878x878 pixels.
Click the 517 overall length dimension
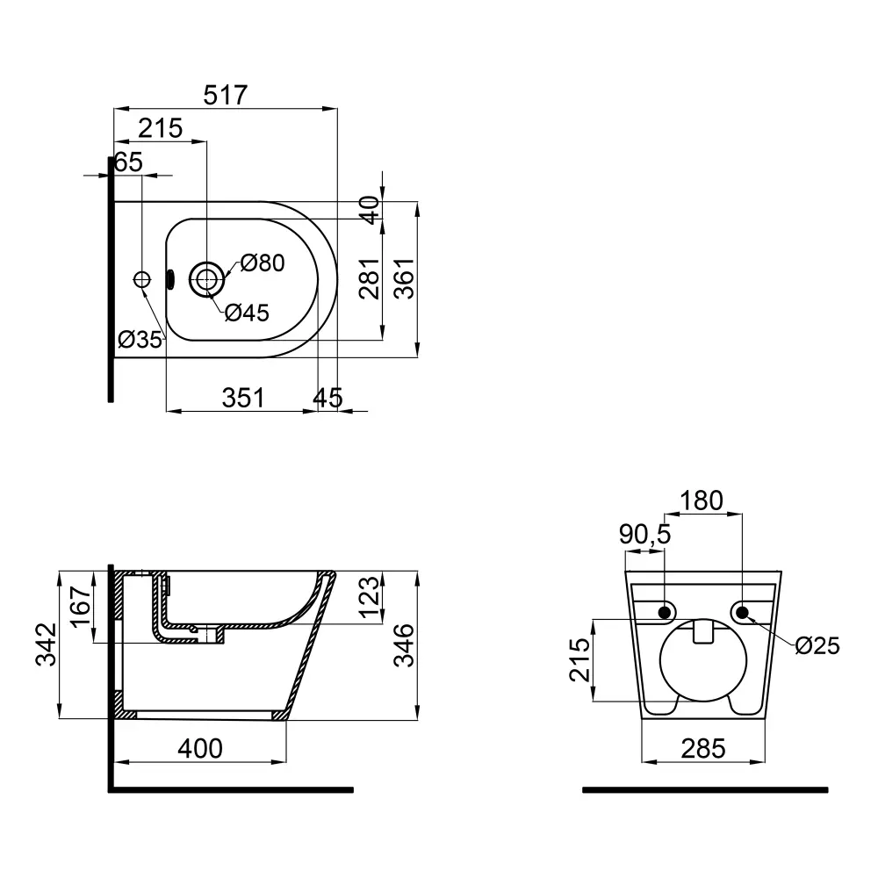[x=225, y=95]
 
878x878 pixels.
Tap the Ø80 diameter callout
[x=263, y=263]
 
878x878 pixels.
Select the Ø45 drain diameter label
[x=247, y=313]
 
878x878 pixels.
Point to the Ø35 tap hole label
[x=140, y=339]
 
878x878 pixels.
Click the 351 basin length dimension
[x=243, y=398]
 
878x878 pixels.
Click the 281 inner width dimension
[x=370, y=278]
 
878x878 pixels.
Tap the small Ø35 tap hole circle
[x=142, y=279]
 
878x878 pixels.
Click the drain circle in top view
[x=206, y=278]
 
